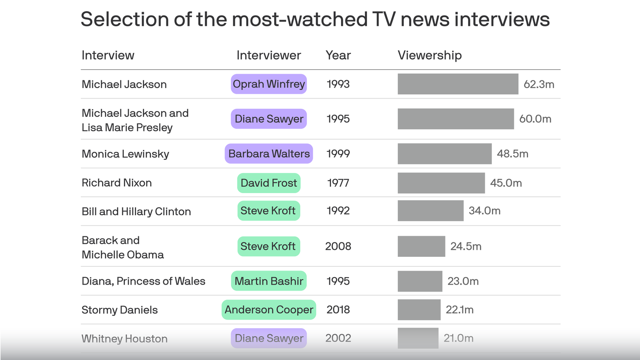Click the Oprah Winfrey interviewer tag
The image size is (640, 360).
[x=268, y=84]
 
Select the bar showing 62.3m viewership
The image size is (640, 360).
[x=458, y=84]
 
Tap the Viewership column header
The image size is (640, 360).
[x=429, y=55]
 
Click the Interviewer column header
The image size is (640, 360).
[x=268, y=55]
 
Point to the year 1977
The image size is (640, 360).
[x=338, y=183]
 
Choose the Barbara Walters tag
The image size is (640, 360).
[x=268, y=154]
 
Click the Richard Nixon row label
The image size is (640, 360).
[x=117, y=183]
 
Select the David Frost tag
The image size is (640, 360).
[x=268, y=183]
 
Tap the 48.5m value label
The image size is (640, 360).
[x=512, y=154]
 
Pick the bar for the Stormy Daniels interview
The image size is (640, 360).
[x=419, y=310]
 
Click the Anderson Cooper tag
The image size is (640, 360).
[x=268, y=310]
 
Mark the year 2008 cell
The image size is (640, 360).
[x=338, y=246]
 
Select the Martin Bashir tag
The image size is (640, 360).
[x=268, y=281]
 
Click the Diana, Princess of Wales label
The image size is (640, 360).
[x=143, y=281]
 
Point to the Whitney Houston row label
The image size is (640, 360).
[x=124, y=338]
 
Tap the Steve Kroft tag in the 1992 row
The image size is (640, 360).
[x=268, y=211]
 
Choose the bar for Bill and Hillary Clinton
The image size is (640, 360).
[x=430, y=211]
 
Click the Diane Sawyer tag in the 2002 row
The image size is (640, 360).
[x=268, y=338]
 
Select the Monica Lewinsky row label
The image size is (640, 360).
[x=125, y=154]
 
